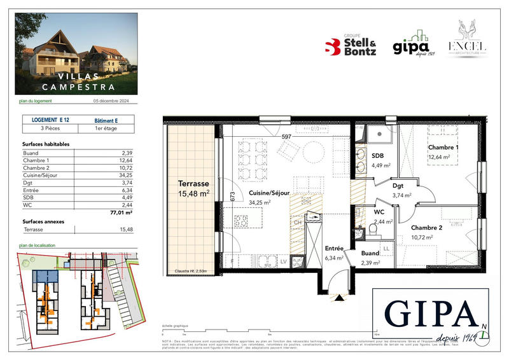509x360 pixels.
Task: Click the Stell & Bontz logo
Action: coord(351,47)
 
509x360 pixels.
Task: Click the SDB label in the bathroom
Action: coord(377,156)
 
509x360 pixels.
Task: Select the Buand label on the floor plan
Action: coord(370,253)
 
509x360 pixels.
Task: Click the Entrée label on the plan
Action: coord(333,249)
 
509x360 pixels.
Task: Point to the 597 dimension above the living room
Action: coord(286,136)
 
